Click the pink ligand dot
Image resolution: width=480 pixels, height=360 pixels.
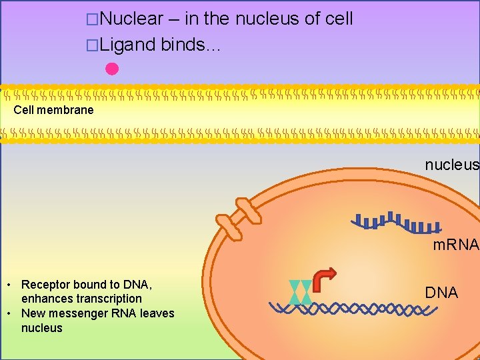(111, 68)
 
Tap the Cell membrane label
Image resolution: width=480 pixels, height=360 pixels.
(53, 110)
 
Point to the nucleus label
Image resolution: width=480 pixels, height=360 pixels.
(452, 164)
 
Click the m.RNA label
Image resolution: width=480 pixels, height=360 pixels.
(455, 245)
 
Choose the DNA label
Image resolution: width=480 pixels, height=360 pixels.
(441, 293)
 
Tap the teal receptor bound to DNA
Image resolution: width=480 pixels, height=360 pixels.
(300, 292)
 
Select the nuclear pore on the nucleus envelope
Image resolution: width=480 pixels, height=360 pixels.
(240, 218)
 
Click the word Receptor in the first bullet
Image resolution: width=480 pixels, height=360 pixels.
(46, 285)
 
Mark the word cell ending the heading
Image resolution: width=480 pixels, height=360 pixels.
(339, 19)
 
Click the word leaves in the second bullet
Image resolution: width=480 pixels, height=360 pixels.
(157, 313)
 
